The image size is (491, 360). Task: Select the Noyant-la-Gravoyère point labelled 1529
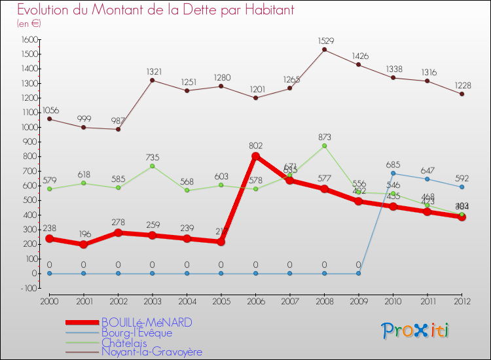coord(324,50)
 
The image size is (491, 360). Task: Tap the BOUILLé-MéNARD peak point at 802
coord(255,156)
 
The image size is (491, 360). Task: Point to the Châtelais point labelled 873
coord(324,145)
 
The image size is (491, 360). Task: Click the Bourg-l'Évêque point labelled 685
coord(393,173)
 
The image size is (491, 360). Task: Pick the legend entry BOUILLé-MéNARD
coord(146,323)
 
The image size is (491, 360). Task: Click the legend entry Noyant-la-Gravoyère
coord(151,351)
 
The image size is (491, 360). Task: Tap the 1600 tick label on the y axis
coord(28,39)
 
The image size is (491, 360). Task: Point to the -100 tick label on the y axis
coord(27,288)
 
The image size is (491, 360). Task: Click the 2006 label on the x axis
coord(255,300)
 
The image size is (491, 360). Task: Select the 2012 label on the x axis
coord(462,300)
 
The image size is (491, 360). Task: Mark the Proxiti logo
coord(416,331)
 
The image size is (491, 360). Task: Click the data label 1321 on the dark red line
coord(153,71)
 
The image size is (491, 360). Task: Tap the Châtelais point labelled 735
coord(153,166)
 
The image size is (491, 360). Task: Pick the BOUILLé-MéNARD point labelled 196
coord(84,244)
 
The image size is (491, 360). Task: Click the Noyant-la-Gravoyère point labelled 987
coord(118,129)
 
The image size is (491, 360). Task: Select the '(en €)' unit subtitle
coord(29,24)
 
